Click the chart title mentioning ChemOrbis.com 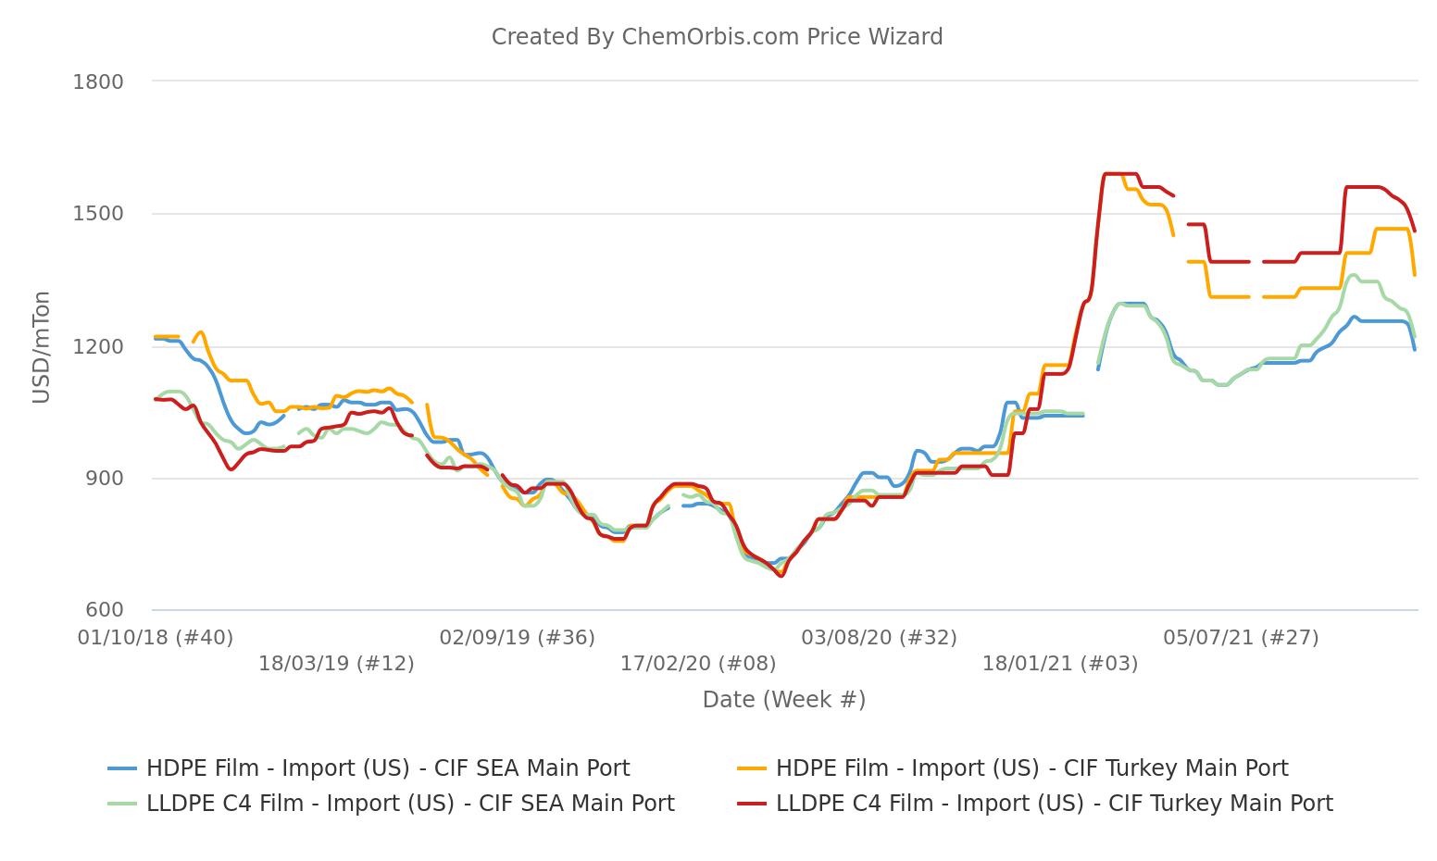click(x=717, y=37)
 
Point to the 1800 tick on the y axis click(x=98, y=81)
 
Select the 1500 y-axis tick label click(x=98, y=214)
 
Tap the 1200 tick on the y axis click(x=98, y=346)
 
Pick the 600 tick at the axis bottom click(x=104, y=610)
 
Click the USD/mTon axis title click(x=41, y=346)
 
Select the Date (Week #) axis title click(x=783, y=699)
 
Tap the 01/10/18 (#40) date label click(x=156, y=637)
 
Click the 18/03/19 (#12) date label click(x=336, y=663)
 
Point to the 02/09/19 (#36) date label click(x=517, y=637)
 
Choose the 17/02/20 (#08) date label click(x=698, y=663)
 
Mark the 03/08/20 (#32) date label click(x=879, y=637)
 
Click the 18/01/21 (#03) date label click(x=1059, y=663)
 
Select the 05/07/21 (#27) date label click(x=1241, y=637)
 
